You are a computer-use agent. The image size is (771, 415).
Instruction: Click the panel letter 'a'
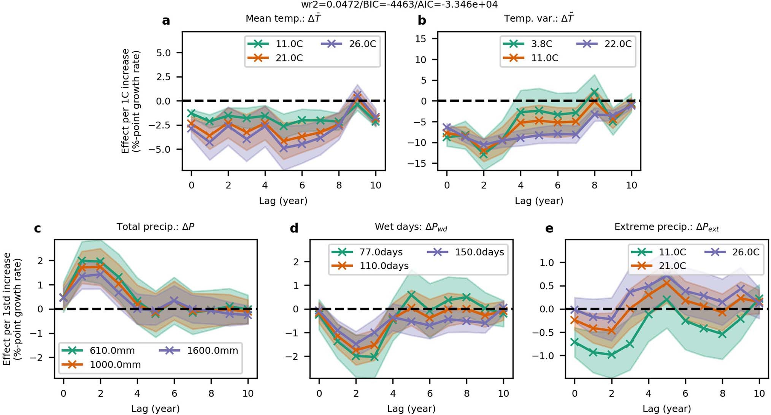tap(166, 20)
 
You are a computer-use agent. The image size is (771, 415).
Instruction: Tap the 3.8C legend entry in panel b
tap(528, 44)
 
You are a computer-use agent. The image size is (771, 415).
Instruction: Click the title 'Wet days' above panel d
tap(411, 227)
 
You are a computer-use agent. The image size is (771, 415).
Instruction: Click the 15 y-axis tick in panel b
tap(420, 39)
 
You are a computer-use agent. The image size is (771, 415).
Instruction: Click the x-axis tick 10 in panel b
tap(631, 185)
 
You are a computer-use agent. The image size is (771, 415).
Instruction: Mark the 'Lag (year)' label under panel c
tap(155, 409)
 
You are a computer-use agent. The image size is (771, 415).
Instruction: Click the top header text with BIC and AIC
tap(399, 5)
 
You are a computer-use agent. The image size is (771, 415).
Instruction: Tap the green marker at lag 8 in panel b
tap(595, 92)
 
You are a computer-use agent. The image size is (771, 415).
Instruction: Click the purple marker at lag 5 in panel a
tap(284, 148)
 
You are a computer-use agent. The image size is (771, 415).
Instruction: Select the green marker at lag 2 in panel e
tap(611, 354)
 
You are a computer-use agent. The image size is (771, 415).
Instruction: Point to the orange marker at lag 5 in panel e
tap(666, 283)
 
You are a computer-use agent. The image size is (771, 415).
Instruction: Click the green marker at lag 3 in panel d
tap(374, 357)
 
